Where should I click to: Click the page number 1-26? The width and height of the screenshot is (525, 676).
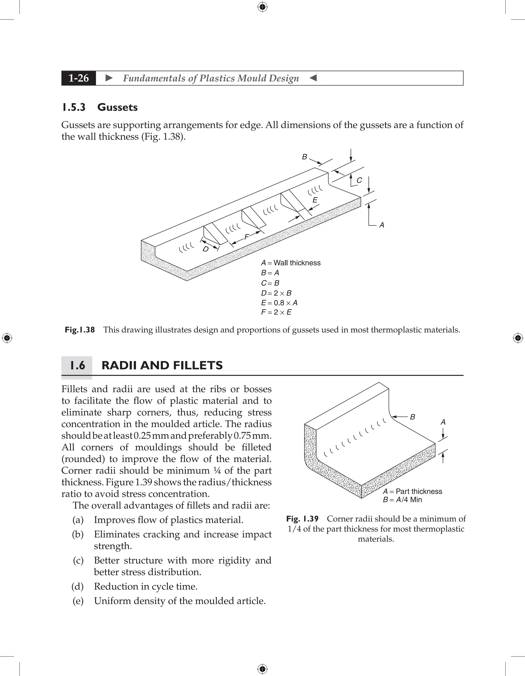pos(79,78)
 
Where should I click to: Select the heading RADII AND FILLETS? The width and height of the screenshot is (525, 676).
pos(162,365)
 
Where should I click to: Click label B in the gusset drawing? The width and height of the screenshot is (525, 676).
pos(305,157)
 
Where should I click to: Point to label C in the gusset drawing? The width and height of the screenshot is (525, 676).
pos(359,180)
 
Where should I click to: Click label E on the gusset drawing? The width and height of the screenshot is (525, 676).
pos(315,200)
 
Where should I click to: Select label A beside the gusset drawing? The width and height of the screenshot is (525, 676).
pos(382,225)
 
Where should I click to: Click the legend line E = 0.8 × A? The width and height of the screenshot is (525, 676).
pos(279,303)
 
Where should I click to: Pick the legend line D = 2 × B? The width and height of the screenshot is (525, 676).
pos(276,293)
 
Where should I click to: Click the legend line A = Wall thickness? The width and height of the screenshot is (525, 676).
pos(290,263)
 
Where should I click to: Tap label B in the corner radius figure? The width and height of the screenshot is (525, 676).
pos(412,417)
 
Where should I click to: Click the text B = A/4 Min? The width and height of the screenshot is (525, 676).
pos(402,500)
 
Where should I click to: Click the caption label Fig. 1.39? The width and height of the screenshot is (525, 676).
pos(302,519)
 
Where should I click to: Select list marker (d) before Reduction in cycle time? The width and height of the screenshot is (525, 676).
pos(78,586)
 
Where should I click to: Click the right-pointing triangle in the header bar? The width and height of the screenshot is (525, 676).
pos(109,78)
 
